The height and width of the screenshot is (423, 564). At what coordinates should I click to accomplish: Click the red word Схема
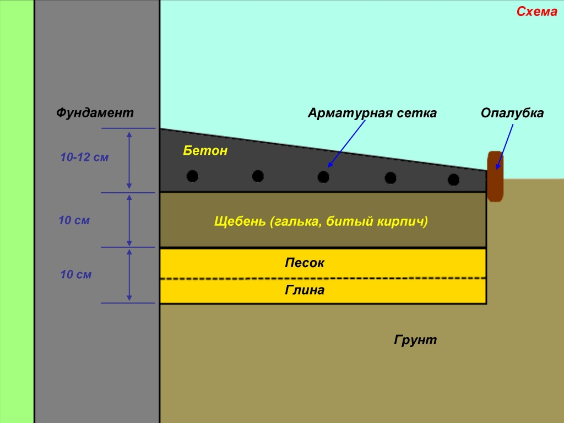pos(536,12)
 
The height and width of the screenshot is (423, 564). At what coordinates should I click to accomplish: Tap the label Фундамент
pos(95,113)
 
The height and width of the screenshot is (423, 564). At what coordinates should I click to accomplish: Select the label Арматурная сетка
pos(372,113)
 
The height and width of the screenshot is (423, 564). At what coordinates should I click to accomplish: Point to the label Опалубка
pos(512,113)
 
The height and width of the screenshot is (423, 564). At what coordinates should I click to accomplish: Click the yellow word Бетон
pos(205,150)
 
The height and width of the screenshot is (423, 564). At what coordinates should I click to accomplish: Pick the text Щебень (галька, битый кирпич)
pos(321,222)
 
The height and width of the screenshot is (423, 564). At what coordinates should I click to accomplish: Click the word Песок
pos(305,263)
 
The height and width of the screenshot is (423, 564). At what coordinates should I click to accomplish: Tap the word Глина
pos(305,290)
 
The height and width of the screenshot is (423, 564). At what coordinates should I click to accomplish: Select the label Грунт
pos(415,340)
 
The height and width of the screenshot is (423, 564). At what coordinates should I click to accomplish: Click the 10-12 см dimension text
pos(85,158)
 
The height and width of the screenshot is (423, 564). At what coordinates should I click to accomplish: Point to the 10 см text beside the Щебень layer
pos(74,221)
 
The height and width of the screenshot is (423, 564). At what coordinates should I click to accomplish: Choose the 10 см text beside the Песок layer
pos(76,274)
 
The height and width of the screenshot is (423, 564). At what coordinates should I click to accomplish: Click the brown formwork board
pos(495,176)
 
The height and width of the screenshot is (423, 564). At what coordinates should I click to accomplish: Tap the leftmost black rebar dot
pos(192,176)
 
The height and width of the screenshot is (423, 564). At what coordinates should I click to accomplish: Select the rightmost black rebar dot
pos(453,180)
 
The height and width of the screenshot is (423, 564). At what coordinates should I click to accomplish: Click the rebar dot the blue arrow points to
pos(323,177)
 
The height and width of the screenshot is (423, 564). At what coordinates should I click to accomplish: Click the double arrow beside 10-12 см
pos(129,160)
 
